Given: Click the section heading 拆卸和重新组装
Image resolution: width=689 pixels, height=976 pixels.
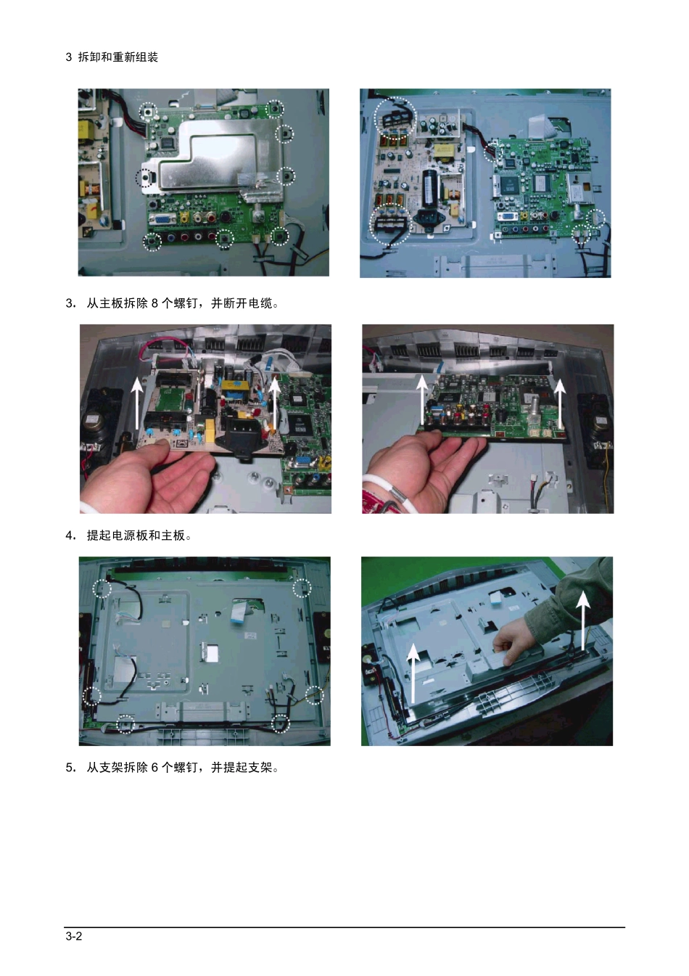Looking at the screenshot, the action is click(x=118, y=57).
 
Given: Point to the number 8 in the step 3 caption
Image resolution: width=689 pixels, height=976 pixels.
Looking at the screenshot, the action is click(x=154, y=303).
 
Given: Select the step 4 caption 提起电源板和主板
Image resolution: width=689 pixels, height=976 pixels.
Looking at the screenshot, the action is click(x=136, y=535).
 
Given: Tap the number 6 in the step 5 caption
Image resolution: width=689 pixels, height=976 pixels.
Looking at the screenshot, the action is click(x=154, y=767).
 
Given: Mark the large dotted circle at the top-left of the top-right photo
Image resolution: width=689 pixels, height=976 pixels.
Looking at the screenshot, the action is click(x=395, y=117).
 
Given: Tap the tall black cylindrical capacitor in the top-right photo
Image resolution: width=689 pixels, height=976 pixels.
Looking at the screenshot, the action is click(x=429, y=188).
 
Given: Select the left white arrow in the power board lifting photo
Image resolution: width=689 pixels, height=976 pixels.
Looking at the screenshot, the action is click(x=138, y=403).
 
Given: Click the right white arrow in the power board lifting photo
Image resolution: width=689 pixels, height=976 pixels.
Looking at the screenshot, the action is click(x=274, y=404).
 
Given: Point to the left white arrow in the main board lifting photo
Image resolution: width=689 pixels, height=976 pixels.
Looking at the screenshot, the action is click(x=421, y=400).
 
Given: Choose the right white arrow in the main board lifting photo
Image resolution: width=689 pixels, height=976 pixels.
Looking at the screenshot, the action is click(x=560, y=403).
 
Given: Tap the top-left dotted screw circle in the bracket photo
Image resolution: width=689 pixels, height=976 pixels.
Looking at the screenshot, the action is click(x=102, y=589).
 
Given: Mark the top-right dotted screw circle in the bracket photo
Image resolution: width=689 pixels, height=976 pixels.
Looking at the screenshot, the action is click(x=302, y=589).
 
